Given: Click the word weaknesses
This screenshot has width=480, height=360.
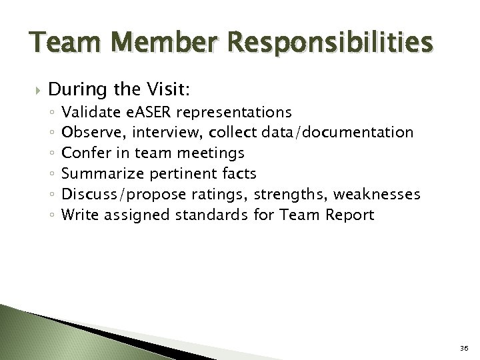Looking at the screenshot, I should [381, 195].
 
